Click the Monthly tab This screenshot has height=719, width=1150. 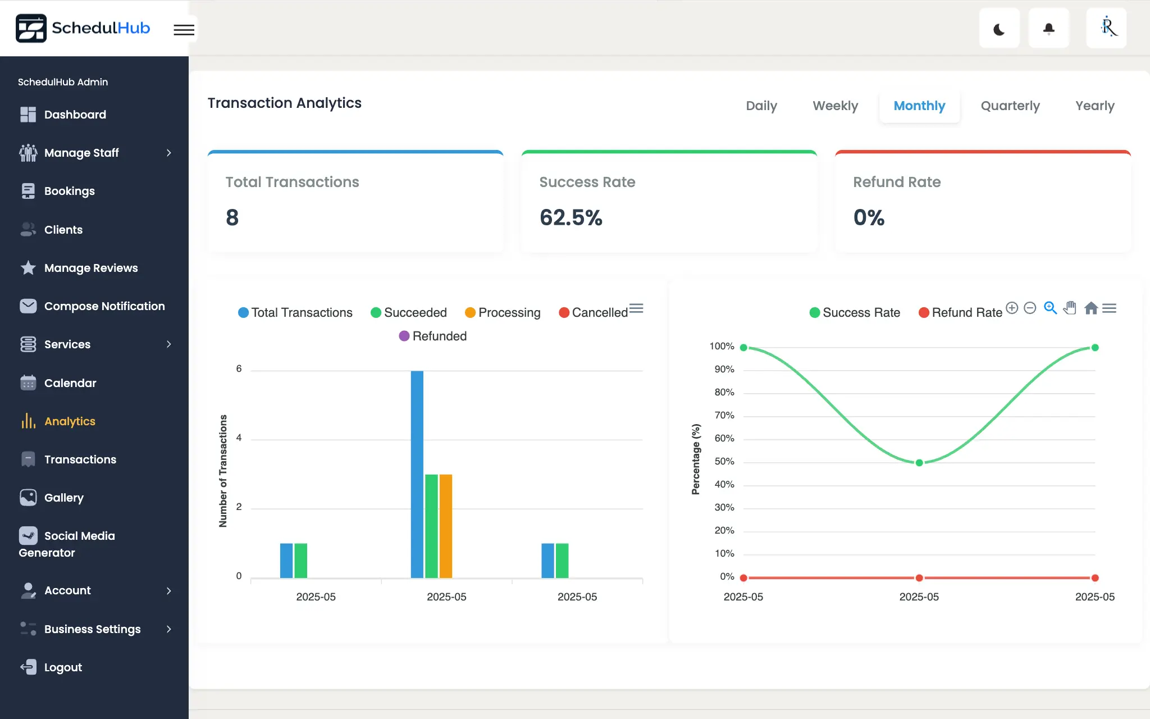[919, 106]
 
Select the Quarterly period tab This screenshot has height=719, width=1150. [1010, 106]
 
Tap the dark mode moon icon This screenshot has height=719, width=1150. [999, 29]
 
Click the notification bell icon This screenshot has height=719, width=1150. [1048, 29]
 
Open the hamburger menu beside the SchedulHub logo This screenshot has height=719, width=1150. [184, 30]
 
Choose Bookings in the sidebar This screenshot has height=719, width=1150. [69, 191]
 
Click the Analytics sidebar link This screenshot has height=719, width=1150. [70, 421]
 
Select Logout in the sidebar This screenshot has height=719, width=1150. [63, 667]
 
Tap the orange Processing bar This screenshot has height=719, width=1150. [446, 526]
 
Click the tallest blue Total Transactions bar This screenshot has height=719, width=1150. [417, 474]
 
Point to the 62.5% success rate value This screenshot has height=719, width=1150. [571, 217]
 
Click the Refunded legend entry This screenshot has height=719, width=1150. [433, 336]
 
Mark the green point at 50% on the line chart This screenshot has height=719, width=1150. [919, 463]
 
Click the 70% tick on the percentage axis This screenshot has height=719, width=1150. [724, 415]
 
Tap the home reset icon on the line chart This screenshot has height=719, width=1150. [1090, 308]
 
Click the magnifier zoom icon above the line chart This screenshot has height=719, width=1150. [1050, 308]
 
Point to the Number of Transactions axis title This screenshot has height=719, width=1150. [223, 471]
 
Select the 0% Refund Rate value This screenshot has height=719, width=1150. [869, 217]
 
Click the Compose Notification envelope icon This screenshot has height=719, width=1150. [28, 306]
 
